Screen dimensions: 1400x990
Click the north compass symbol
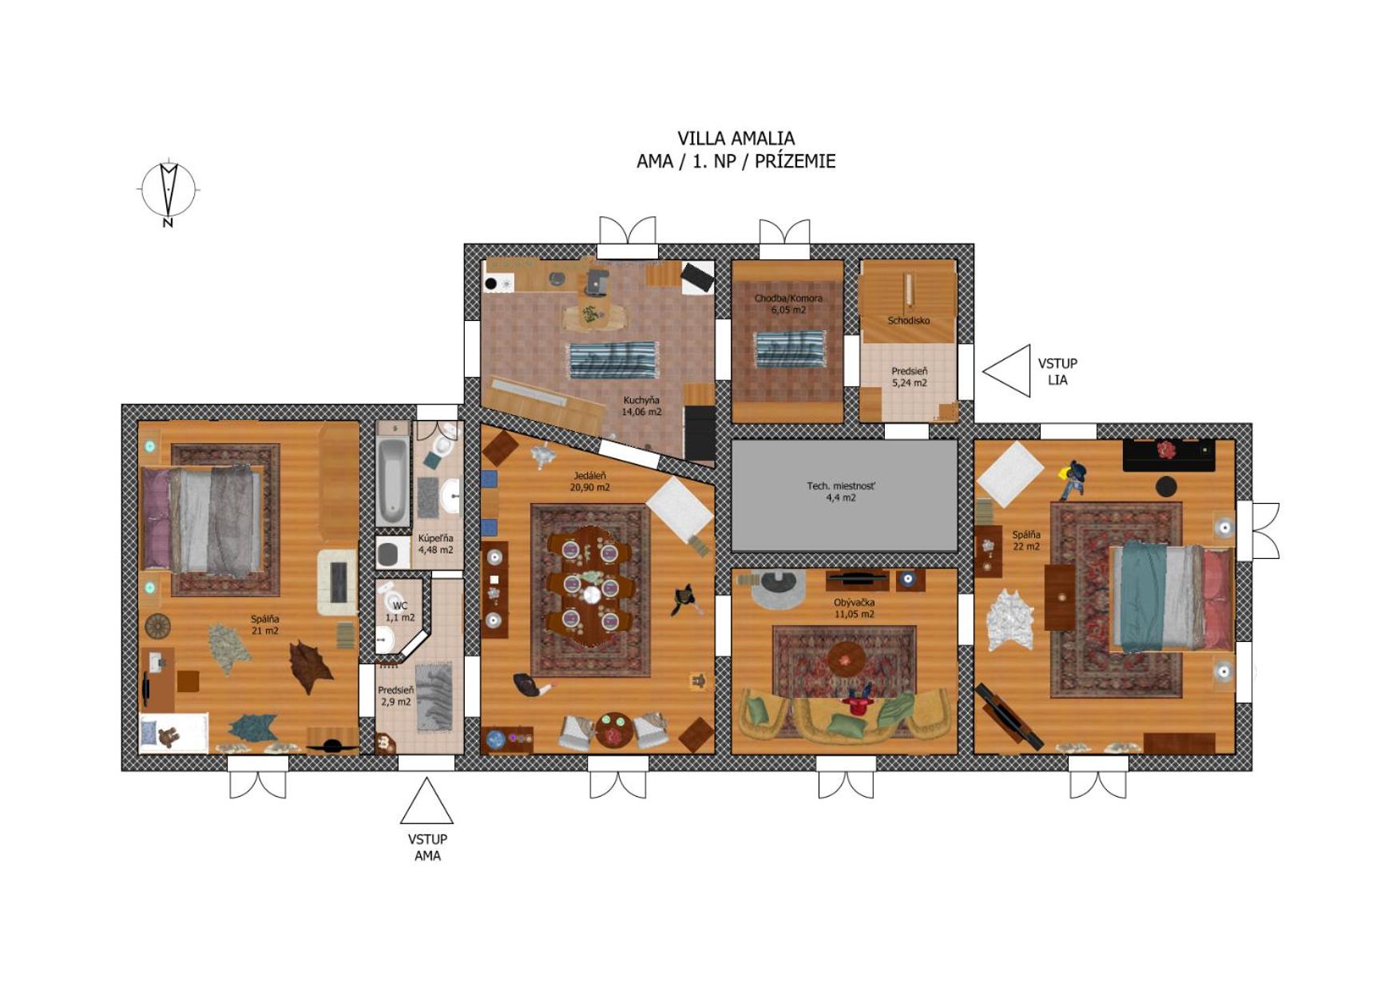(168, 190)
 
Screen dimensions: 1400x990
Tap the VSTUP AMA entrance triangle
(426, 801)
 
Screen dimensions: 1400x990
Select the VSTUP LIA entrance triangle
(1007, 371)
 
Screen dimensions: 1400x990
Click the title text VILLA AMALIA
(736, 138)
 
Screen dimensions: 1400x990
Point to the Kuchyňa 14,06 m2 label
(641, 406)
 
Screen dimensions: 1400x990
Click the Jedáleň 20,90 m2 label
(589, 481)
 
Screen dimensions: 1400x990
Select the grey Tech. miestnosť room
(844, 495)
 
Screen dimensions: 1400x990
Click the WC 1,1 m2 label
(400, 612)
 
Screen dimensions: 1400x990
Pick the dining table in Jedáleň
(590, 586)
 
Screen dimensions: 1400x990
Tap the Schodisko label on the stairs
(909, 320)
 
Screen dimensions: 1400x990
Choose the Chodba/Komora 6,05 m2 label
(788, 303)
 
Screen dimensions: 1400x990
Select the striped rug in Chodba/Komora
(791, 349)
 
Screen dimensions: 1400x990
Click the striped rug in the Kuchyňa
(613, 361)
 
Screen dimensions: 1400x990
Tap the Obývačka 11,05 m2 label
(854, 608)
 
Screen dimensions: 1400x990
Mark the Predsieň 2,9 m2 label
(396, 695)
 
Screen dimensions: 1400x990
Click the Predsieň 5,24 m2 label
(910, 377)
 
